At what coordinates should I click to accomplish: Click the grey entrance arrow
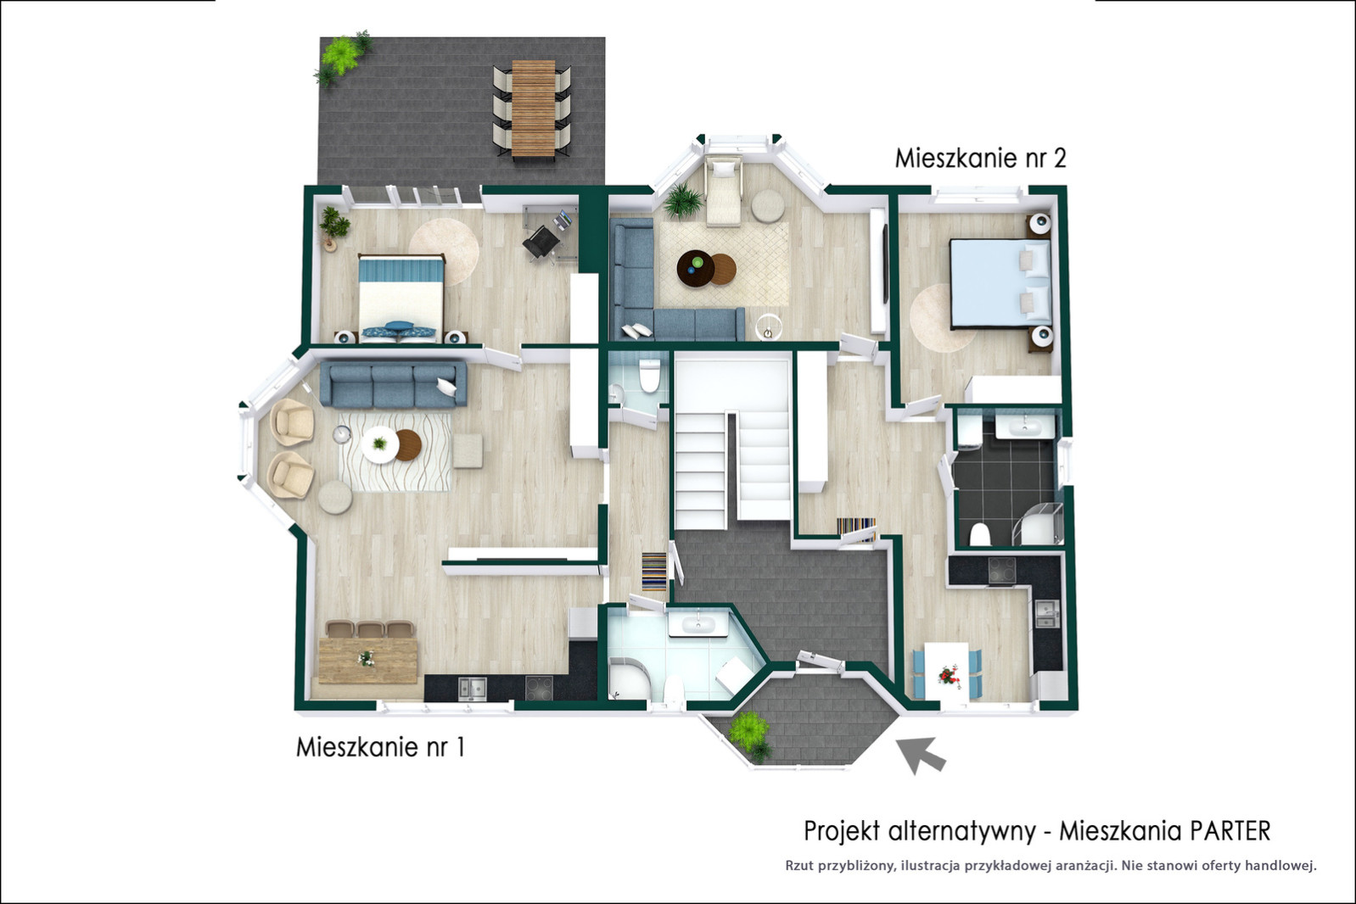coord(920,754)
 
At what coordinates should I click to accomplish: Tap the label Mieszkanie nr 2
coord(980,159)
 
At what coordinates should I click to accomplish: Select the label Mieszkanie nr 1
coord(380,747)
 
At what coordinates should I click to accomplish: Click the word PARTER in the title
coord(1230,831)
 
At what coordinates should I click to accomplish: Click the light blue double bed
coord(1000,284)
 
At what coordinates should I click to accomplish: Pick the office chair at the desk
coord(541,243)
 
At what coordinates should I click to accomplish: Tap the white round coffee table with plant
coord(379,444)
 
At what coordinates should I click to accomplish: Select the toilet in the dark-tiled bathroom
coord(979,535)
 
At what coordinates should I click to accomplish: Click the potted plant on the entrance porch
coord(751,734)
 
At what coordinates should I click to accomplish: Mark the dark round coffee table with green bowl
coord(696,267)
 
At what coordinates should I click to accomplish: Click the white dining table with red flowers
coord(947,672)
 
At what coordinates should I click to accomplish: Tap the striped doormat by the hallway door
coord(653,571)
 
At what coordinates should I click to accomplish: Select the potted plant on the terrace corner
coord(343,57)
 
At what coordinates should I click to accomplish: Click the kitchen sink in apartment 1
coord(472,688)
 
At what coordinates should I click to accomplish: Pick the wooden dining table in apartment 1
coord(367,660)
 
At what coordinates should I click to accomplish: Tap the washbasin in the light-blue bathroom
coord(698,624)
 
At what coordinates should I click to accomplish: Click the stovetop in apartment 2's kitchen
coord(1002,570)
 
